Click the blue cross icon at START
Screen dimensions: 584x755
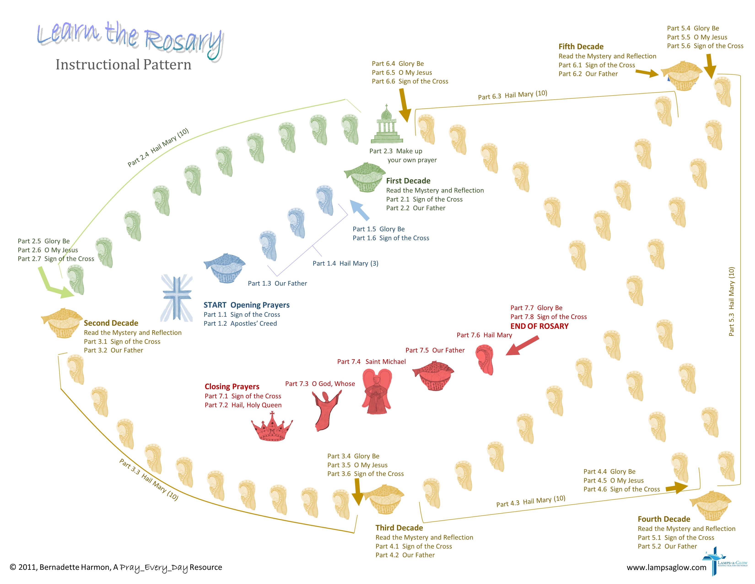point(177,298)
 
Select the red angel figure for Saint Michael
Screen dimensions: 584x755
point(377,391)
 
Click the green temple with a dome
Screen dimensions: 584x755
point(387,125)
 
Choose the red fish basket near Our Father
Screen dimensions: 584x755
point(434,376)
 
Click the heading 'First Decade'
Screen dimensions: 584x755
point(408,181)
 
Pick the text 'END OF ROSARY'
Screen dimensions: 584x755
point(539,326)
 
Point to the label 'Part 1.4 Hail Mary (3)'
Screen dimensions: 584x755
point(345,263)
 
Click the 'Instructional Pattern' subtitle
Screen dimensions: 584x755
point(123,65)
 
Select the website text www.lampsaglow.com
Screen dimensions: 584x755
point(666,567)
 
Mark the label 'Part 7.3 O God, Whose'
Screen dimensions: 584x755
point(320,384)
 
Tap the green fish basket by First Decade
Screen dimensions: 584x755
point(365,177)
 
